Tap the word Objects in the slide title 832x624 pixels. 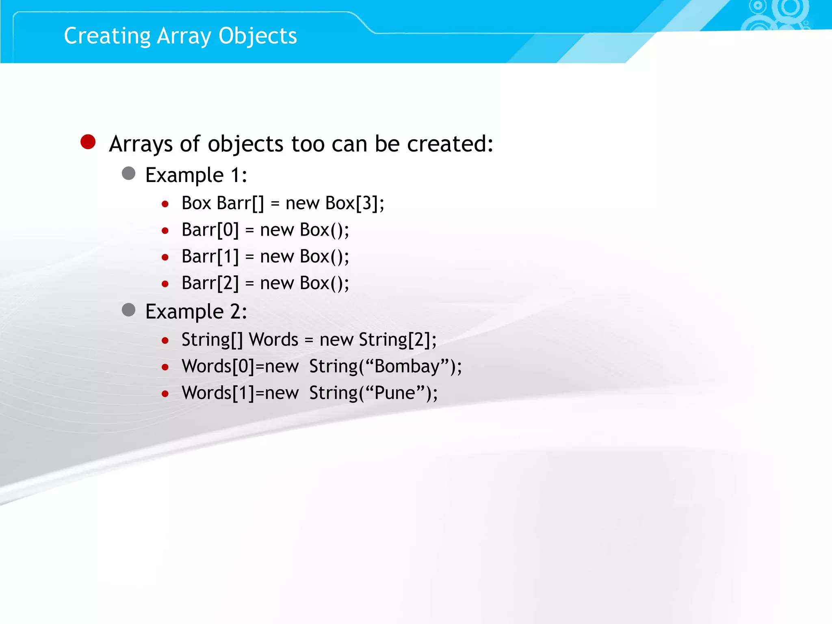click(x=258, y=36)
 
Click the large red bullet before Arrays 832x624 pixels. click(x=88, y=142)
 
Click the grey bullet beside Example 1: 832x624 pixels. click(x=129, y=173)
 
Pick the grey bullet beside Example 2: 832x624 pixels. click(x=129, y=310)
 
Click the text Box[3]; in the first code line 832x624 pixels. click(x=355, y=203)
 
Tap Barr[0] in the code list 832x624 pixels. click(x=210, y=230)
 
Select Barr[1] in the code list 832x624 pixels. click(x=210, y=257)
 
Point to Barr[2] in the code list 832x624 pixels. click(x=210, y=283)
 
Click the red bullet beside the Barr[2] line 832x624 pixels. click(x=165, y=284)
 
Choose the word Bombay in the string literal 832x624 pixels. click(x=407, y=366)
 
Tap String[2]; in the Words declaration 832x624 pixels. click(x=397, y=340)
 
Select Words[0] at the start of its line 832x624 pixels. click(x=218, y=366)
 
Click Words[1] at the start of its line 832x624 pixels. click(x=218, y=393)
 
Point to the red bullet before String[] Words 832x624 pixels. click(x=165, y=340)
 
